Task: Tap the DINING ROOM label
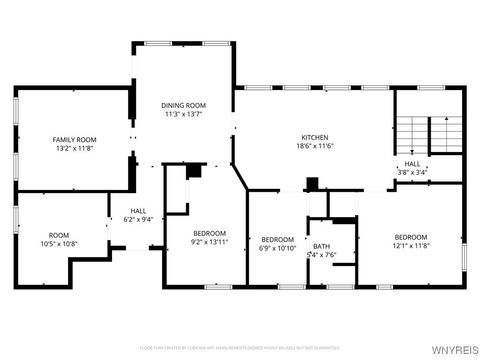[183, 105]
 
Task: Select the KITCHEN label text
[315, 137]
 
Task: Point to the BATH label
[321, 246]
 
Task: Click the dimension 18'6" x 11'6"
[315, 147]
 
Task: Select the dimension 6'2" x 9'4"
[138, 220]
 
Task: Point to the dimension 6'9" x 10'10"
[277, 248]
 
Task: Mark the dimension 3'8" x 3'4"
[411, 172]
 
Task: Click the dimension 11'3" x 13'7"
[183, 114]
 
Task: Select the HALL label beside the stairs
[411, 164]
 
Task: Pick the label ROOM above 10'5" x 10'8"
[59, 235]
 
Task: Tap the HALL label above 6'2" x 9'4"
[138, 211]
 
